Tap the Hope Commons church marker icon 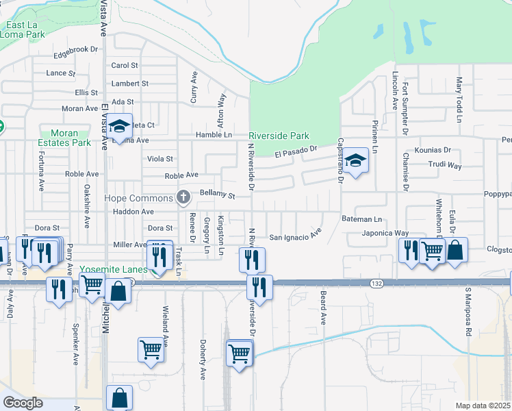coord(183,198)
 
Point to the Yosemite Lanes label coord(114,270)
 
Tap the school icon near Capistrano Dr coord(356,161)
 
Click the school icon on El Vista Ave coord(119,125)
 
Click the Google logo coord(23,403)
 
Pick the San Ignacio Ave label coord(294,237)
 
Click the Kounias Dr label coord(433,149)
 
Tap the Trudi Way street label coord(445,166)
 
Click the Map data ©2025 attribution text coord(483,406)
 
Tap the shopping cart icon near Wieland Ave coord(151,349)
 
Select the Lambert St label coord(130,83)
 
